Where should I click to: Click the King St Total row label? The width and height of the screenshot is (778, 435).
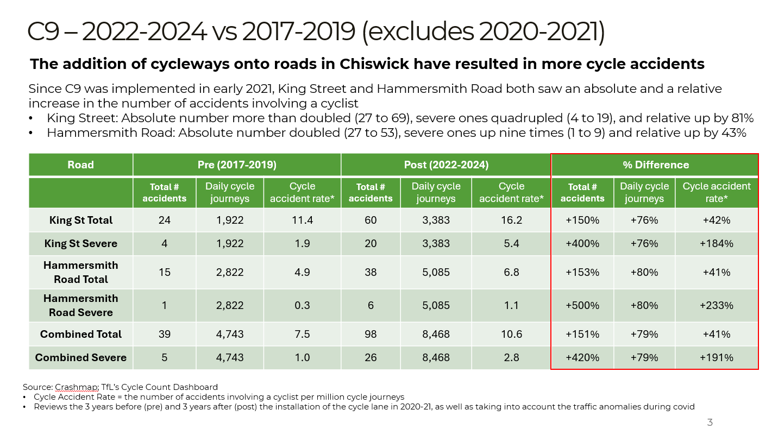[x=81, y=220]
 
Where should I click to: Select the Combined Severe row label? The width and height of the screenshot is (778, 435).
[x=81, y=357]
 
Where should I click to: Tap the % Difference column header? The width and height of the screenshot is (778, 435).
[x=656, y=165]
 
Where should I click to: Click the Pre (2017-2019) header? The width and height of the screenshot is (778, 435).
[x=237, y=165]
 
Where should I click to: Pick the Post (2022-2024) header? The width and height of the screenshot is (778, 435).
[x=446, y=165]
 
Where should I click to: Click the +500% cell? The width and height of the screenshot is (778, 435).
[x=582, y=306]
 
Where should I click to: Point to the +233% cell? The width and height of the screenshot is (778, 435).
[x=717, y=306]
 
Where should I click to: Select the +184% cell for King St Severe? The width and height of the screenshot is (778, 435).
[x=717, y=243]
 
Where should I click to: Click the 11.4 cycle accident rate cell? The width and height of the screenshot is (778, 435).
[x=302, y=220]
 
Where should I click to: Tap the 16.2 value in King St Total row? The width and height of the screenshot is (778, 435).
[x=511, y=220]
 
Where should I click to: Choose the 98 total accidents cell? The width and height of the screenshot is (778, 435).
[x=371, y=334]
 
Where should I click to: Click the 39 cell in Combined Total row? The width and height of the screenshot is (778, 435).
[x=164, y=334]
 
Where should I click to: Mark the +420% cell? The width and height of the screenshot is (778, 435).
[x=582, y=357]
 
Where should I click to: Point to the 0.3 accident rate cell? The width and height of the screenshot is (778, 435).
[x=302, y=306]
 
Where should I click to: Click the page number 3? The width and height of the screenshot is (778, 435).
[x=710, y=422]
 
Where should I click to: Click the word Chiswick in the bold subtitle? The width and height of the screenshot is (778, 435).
[x=374, y=64]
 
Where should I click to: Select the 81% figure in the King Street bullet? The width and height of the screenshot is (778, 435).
[x=742, y=118]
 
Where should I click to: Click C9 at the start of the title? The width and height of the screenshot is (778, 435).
[x=43, y=31]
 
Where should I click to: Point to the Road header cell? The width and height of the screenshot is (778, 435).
[x=80, y=165]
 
